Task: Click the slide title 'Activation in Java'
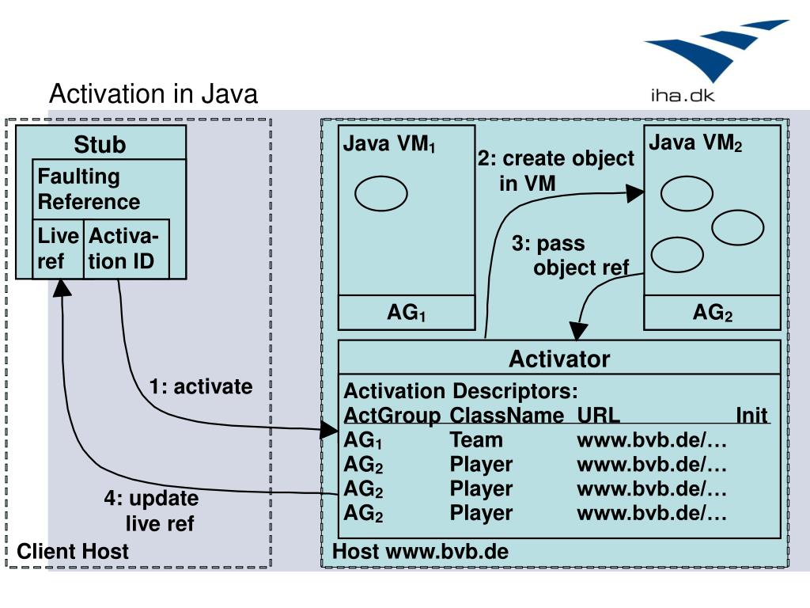(153, 94)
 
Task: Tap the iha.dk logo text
(683, 95)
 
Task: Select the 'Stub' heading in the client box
(100, 144)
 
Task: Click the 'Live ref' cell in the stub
(58, 249)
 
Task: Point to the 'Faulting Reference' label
(89, 188)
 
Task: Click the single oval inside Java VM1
(381, 193)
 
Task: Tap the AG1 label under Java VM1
(407, 313)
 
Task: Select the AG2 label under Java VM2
(713, 313)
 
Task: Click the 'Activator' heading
(559, 359)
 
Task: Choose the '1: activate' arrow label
(201, 386)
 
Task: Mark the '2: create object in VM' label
(556, 171)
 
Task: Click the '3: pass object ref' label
(571, 256)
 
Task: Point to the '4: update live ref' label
(151, 511)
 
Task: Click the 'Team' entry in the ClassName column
(476, 440)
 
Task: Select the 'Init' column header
(751, 415)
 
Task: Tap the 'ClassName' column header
(507, 415)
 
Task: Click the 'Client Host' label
(73, 551)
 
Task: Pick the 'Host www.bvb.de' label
(421, 551)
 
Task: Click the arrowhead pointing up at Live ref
(62, 288)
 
